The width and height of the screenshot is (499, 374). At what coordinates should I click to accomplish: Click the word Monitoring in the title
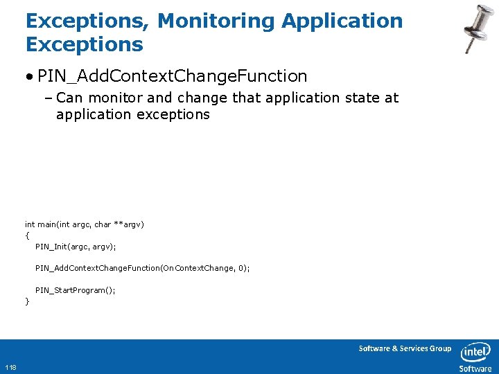[218, 21]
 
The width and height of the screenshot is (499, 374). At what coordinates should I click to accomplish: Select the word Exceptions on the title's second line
[84, 45]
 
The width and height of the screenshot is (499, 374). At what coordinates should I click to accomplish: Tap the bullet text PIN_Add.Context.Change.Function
[172, 75]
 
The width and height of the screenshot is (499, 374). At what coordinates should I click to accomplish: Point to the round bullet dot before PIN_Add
[31, 75]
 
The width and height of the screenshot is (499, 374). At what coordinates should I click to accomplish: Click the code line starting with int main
[84, 224]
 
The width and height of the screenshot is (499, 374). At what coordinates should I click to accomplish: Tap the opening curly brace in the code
[27, 235]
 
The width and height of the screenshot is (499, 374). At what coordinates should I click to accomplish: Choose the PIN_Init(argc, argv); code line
[76, 247]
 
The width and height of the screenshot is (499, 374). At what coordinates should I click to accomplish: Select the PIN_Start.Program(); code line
[76, 290]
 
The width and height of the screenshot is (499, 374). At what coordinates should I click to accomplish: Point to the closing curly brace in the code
[27, 301]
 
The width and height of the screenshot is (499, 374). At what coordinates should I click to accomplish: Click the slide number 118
[11, 367]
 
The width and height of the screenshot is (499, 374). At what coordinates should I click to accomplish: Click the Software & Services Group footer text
[405, 348]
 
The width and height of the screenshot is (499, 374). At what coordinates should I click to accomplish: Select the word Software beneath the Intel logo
[475, 368]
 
